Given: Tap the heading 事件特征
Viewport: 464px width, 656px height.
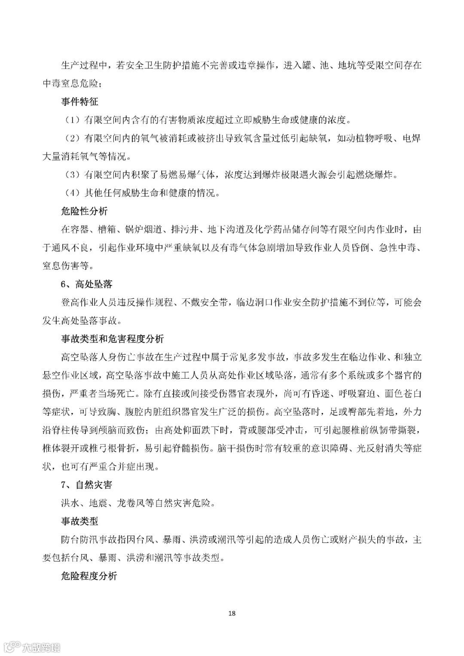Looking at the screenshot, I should tap(79, 102).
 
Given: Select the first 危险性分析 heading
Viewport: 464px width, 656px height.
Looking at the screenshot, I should tap(84, 211).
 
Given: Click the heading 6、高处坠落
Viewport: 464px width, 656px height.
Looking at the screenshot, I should tap(86, 284).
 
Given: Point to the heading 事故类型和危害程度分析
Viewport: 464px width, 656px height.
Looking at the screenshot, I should tap(112, 339).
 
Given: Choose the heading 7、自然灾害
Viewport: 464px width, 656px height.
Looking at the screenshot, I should tap(86, 484).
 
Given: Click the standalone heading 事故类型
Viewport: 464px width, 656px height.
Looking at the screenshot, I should tap(79, 521).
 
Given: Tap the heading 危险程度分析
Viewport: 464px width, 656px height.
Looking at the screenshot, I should tap(89, 576).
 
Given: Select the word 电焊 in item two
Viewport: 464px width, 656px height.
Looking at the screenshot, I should tap(411, 138).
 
